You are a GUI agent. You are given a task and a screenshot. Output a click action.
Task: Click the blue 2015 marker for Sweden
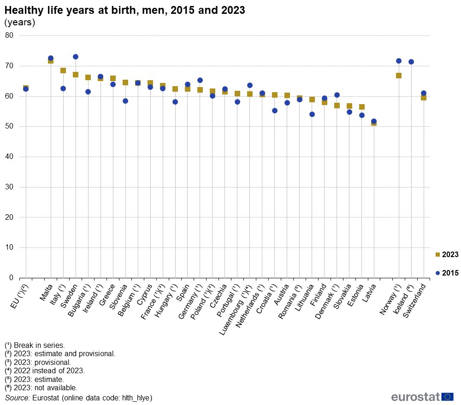[76, 57]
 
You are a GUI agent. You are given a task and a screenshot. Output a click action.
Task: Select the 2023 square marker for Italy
[63, 70]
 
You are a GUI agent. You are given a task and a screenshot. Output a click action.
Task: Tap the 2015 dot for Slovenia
[125, 101]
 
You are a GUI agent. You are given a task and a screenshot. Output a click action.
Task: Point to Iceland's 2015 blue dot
[411, 62]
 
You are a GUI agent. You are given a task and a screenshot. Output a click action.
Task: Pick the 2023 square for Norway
[399, 76]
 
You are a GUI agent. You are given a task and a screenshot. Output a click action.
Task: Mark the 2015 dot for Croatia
[275, 111]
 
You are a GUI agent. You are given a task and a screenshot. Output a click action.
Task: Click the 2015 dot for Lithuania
[312, 114]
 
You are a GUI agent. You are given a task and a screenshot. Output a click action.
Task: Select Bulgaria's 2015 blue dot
[88, 92]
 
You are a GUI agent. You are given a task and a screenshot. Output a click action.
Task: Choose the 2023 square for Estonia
[362, 107]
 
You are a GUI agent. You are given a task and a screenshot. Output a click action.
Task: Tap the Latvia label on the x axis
[369, 293]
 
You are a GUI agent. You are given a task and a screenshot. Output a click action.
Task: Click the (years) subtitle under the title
[19, 22]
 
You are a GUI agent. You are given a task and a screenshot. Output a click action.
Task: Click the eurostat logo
[422, 397]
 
